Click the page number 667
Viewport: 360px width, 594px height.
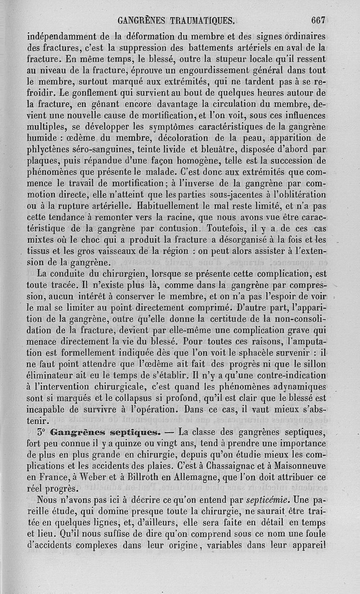318,20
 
